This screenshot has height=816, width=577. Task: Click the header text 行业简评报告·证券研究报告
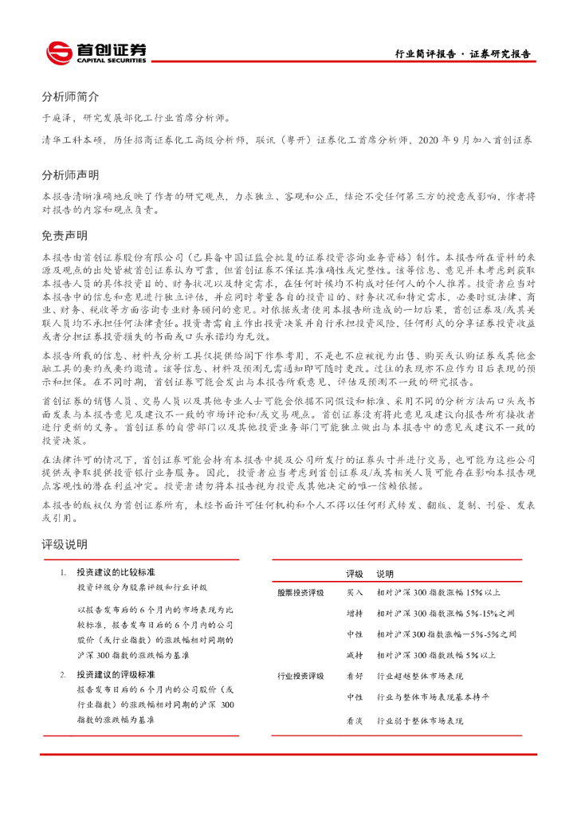(463, 54)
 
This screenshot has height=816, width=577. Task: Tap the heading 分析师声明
(70, 175)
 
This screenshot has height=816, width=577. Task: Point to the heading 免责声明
(65, 236)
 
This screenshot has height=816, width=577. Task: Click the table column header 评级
(355, 574)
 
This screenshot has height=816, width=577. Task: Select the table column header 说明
(385, 574)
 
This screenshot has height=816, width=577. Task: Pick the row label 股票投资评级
(300, 593)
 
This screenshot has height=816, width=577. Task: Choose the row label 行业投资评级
(300, 676)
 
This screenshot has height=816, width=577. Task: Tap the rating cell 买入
(355, 593)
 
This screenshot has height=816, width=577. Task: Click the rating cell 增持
(355, 614)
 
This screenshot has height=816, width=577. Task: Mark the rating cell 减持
(355, 655)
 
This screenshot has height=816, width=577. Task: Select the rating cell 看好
(355, 676)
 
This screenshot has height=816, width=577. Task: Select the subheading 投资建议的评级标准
(116, 675)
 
